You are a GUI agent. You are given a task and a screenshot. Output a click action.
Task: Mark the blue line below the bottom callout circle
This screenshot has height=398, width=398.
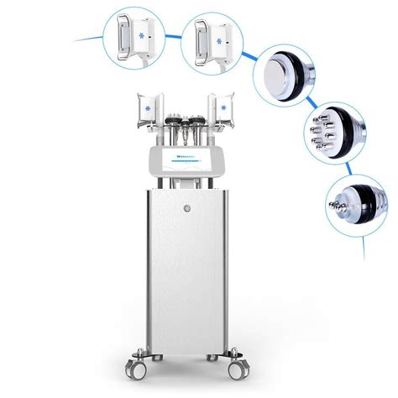click(x=364, y=249)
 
